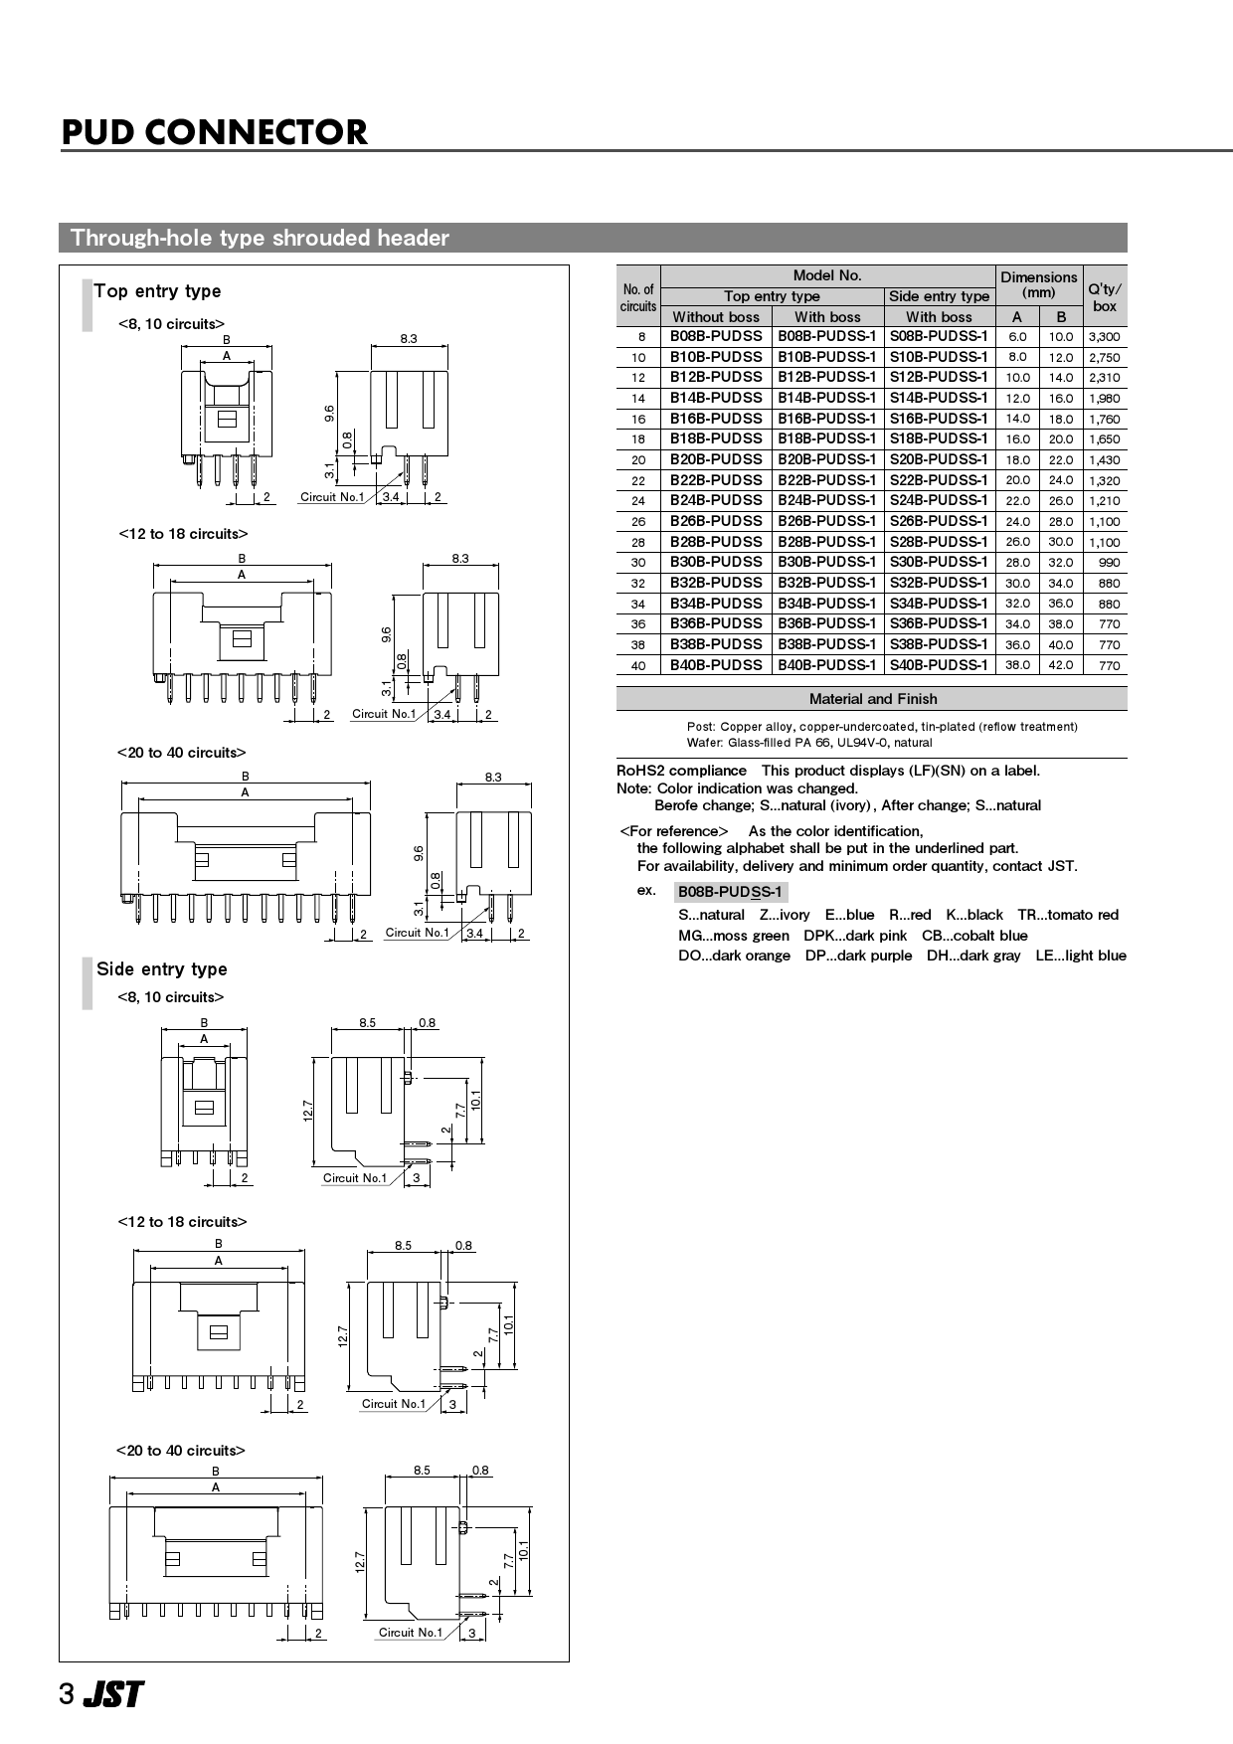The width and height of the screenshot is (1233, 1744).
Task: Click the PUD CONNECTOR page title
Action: coord(214,132)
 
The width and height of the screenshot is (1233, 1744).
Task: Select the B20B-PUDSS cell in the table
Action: coord(716,459)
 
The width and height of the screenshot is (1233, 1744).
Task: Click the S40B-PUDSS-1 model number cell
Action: coord(939,665)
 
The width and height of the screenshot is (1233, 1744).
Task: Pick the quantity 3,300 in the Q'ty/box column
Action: coord(1104,337)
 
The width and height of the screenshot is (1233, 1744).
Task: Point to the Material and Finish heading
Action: coord(872,699)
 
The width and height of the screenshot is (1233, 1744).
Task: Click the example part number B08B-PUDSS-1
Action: coord(730,892)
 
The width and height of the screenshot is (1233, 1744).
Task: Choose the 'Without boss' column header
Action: coord(716,317)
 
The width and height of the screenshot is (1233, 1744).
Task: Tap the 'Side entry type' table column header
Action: coord(939,296)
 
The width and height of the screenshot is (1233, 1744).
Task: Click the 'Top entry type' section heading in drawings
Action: coord(157,291)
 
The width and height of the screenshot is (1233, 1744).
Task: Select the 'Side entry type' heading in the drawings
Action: coord(161,969)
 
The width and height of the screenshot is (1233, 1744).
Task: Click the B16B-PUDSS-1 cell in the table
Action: coord(827,419)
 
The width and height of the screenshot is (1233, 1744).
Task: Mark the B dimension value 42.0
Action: coord(1061,665)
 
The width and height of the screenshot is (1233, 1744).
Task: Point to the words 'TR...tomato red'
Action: coord(1067,915)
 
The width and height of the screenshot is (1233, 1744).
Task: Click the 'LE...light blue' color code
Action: coord(1080,956)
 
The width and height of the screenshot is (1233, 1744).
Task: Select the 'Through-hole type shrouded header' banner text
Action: coord(260,238)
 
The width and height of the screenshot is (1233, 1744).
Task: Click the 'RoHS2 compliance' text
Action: coord(681,771)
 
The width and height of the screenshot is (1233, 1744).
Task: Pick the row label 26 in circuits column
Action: coord(638,521)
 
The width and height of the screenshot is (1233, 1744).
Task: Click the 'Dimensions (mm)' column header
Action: coord(1038,284)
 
